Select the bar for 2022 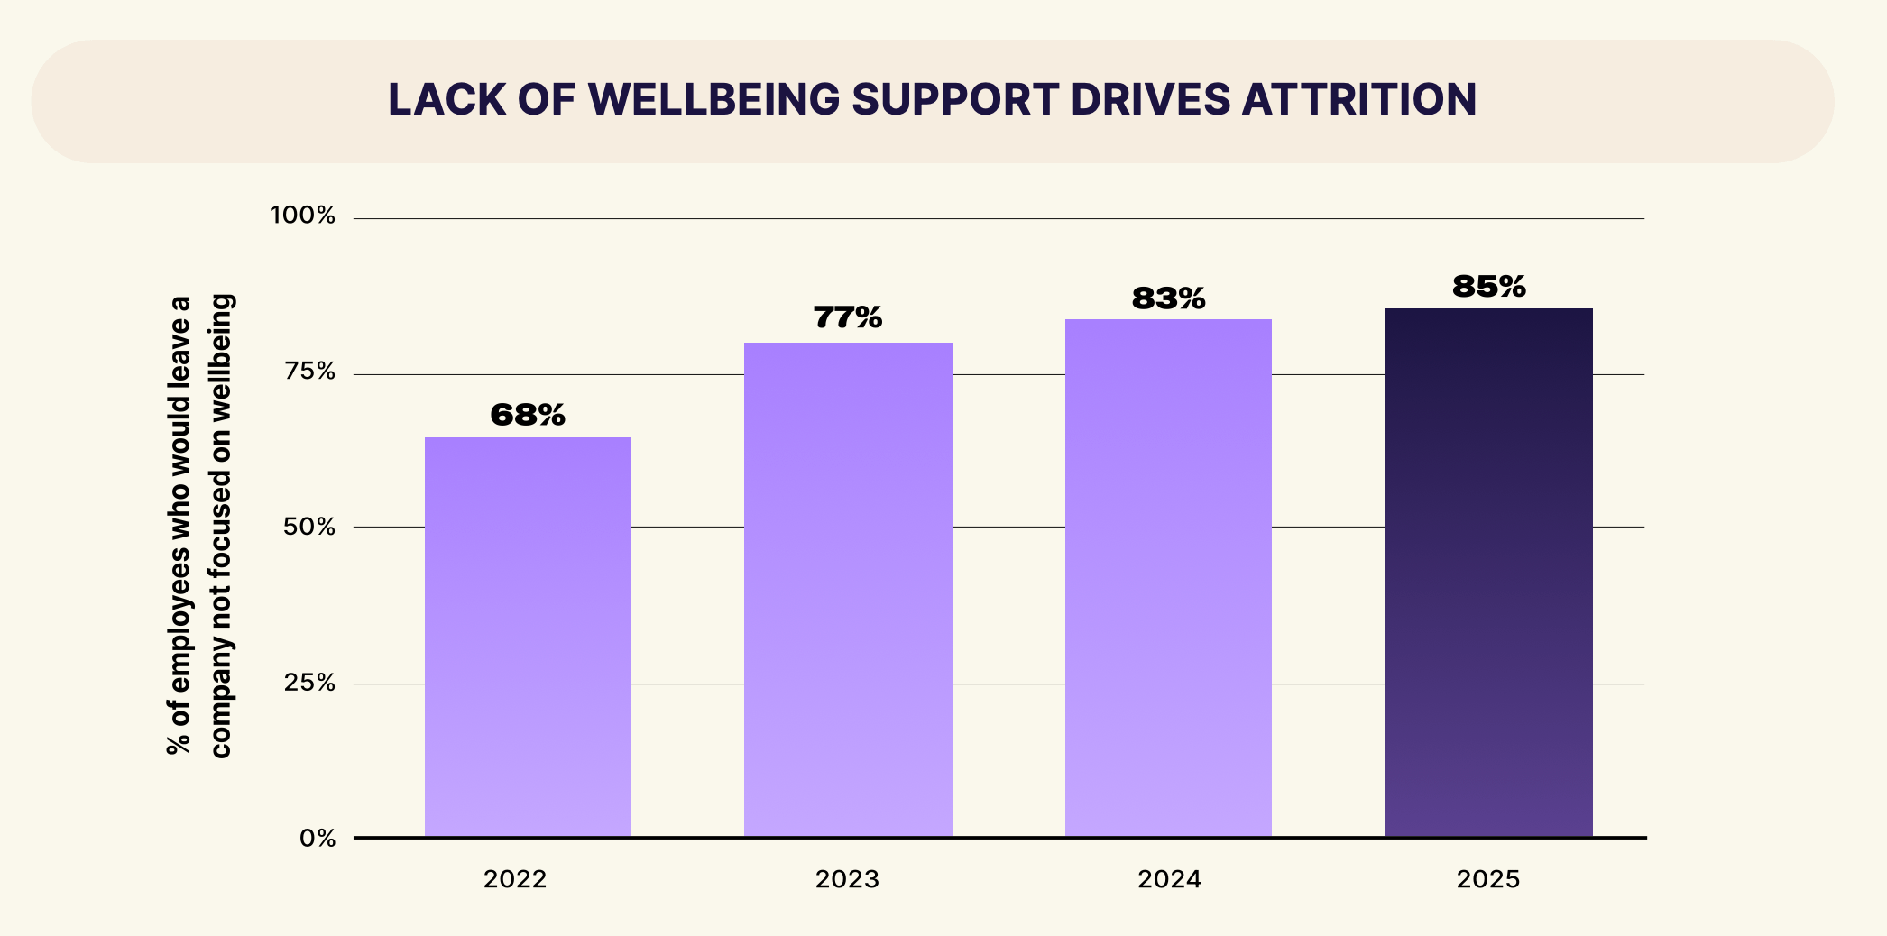tap(528, 637)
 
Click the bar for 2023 tap(848, 590)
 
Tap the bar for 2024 tap(1168, 578)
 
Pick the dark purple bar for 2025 tap(1488, 573)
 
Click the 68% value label tap(528, 415)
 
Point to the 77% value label tap(848, 317)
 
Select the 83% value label tap(1168, 298)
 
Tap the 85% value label tap(1488, 287)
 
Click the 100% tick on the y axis tap(303, 216)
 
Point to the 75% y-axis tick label tap(309, 372)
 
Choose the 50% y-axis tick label tap(309, 528)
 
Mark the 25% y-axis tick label tap(309, 684)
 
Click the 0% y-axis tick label tap(318, 839)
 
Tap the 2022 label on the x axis tap(515, 879)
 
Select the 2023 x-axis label tap(847, 879)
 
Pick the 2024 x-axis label tap(1169, 879)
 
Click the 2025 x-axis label tap(1488, 879)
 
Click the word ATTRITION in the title tap(1359, 99)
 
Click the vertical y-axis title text tap(199, 526)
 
